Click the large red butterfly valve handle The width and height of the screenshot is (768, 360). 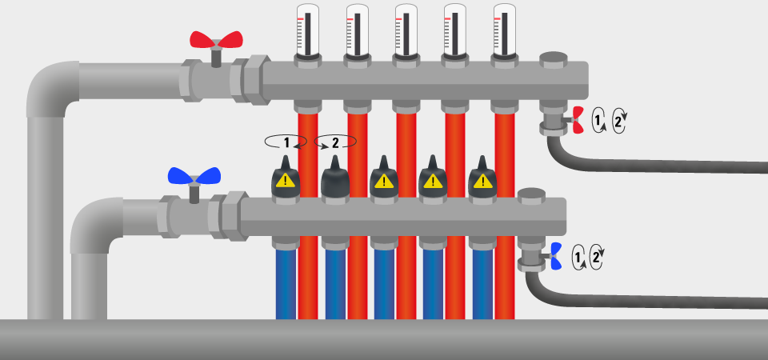click(216, 40)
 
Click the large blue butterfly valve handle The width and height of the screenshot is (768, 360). click(194, 176)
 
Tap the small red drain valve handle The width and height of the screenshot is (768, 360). click(578, 120)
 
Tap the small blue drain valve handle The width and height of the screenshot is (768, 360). click(556, 256)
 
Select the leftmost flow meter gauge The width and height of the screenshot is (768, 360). click(308, 30)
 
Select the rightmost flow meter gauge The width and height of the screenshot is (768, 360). click(505, 30)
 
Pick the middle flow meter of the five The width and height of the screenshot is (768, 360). click(406, 30)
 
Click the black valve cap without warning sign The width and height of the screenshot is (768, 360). click(335, 177)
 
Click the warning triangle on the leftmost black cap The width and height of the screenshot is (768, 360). click(286, 181)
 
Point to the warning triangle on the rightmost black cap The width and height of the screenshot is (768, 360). click(483, 181)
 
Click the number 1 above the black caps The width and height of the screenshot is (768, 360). click(286, 143)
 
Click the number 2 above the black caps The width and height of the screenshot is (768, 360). click(335, 143)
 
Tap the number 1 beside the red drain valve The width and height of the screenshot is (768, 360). click(597, 119)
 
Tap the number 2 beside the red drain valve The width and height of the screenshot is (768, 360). click(618, 121)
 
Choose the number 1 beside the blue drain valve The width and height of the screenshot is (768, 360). click(578, 257)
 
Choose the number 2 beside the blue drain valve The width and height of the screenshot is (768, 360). click(596, 256)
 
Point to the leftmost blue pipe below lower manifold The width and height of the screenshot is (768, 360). click(286, 284)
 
